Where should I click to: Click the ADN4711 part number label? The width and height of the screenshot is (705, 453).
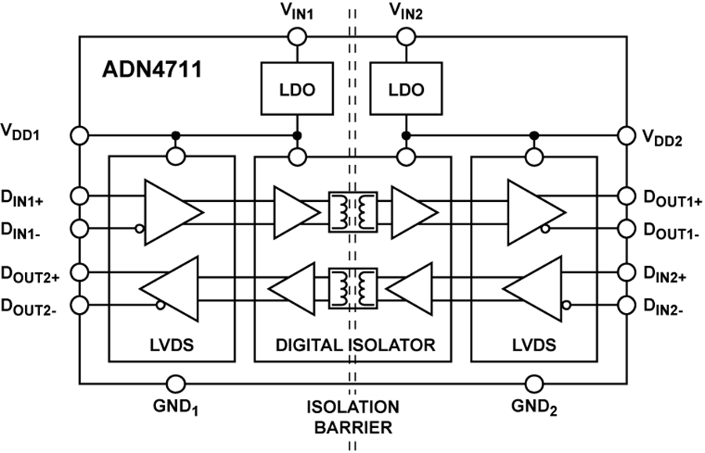(152, 70)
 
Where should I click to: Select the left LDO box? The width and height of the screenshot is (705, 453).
(297, 89)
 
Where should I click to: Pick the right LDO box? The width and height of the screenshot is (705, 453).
(406, 89)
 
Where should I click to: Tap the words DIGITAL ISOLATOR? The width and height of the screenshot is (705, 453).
(355, 344)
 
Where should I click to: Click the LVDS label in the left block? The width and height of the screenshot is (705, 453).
(171, 344)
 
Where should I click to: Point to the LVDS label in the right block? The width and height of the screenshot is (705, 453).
(533, 344)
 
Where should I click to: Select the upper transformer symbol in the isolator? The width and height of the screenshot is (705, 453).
(352, 212)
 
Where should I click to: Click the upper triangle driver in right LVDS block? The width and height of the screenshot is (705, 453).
(535, 212)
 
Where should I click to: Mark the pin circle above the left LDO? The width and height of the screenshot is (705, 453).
(297, 37)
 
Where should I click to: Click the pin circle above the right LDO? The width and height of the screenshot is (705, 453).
(406, 37)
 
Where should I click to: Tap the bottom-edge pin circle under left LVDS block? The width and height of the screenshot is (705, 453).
(176, 383)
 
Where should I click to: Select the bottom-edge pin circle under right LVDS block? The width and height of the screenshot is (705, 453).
(535, 383)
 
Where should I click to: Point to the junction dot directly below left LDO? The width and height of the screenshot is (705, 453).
(297, 136)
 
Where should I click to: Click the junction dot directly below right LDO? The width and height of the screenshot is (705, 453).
(406, 136)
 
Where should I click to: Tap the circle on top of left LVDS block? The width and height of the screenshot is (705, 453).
(176, 157)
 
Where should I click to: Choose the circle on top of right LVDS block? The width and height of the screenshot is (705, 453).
(535, 157)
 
